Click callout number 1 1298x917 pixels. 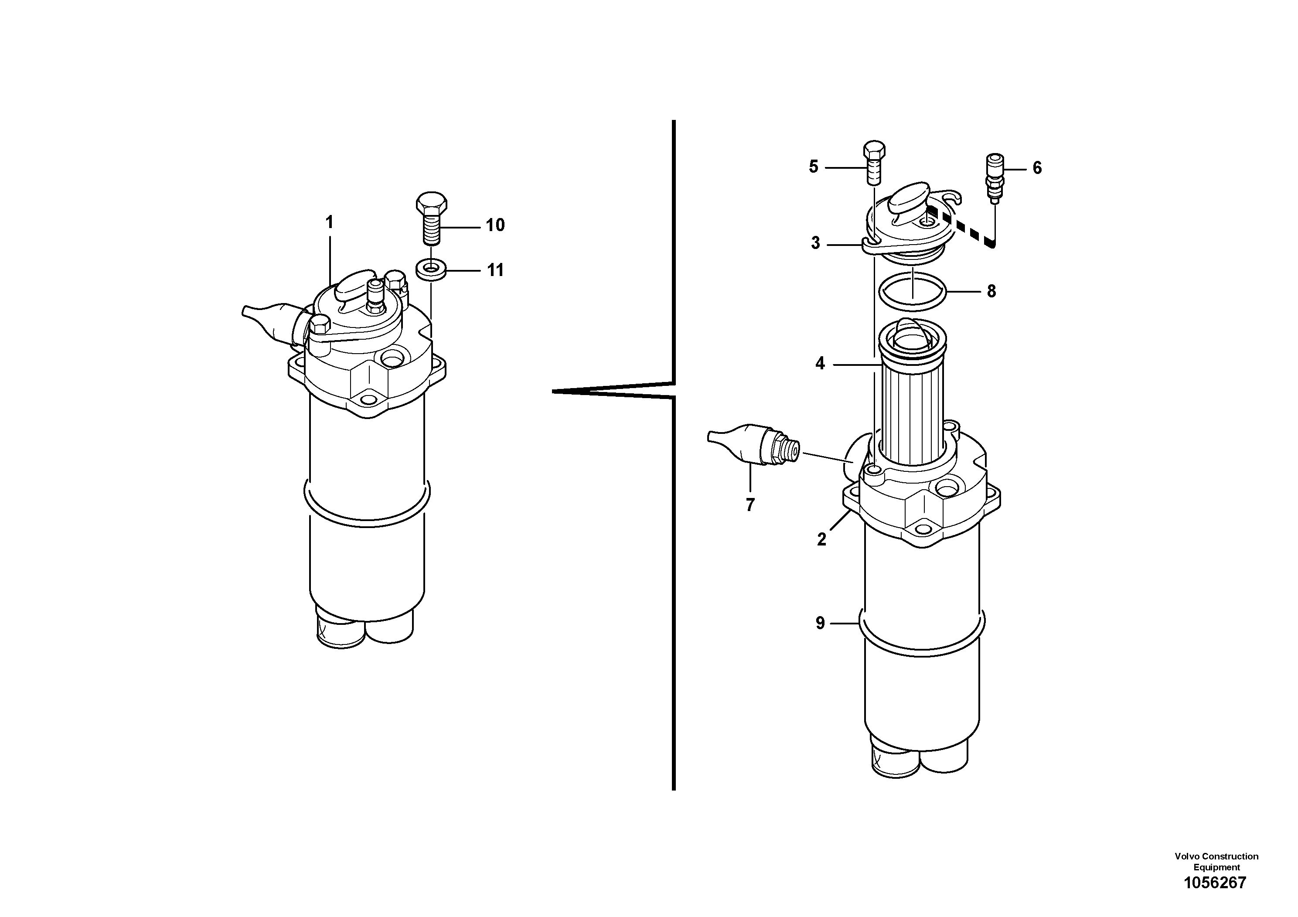click(x=330, y=222)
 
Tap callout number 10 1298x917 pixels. click(x=495, y=225)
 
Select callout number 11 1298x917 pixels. click(x=495, y=270)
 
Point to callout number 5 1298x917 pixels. click(x=814, y=166)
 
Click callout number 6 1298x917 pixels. click(x=1037, y=167)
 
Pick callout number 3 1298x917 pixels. click(x=815, y=243)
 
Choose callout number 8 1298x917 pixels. click(x=991, y=291)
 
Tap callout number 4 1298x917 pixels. click(x=820, y=364)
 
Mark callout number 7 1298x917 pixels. click(x=750, y=505)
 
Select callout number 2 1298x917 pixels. click(x=821, y=539)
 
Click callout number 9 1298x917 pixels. click(x=820, y=623)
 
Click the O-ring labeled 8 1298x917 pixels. click(x=913, y=292)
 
